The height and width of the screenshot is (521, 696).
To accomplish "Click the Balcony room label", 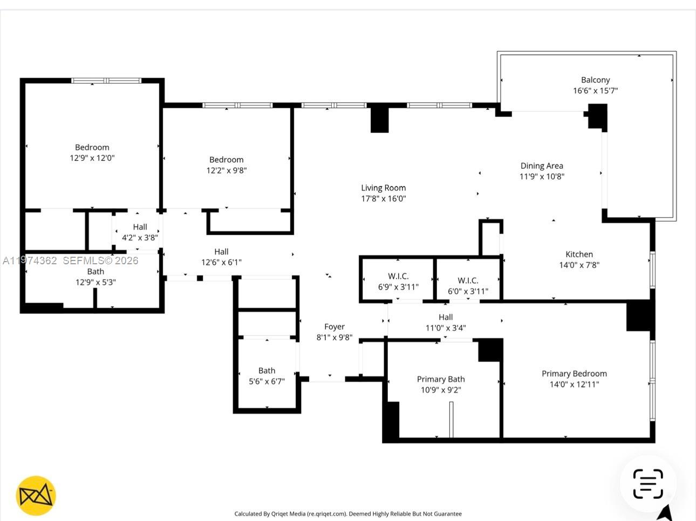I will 595,80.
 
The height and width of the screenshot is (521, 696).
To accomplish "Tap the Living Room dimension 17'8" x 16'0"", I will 383,198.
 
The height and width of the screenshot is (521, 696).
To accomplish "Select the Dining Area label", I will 542,166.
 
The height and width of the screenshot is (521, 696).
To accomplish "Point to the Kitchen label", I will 579,254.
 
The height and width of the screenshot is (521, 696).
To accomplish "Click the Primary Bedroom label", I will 574,373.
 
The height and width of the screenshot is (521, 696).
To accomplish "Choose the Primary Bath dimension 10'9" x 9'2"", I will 441,390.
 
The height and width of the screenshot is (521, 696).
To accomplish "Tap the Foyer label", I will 334,326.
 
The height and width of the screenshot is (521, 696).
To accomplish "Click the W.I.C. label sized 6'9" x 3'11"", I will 398,276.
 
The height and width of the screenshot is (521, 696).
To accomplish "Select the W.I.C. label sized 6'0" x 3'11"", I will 468,280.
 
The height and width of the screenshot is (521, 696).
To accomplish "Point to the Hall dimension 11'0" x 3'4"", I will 446,328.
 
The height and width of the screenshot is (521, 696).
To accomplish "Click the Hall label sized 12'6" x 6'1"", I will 221,251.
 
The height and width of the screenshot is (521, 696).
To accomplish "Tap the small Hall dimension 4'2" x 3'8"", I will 140,237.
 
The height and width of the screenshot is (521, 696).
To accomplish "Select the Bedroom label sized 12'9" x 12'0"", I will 92,147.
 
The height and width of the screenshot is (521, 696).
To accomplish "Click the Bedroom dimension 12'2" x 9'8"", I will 227,170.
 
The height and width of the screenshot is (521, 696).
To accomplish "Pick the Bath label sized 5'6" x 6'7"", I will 267,371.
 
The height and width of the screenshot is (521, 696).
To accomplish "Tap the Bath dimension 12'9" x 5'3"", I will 95,282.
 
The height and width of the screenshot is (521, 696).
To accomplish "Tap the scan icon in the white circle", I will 648,484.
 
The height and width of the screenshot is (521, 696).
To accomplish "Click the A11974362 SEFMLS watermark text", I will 70,260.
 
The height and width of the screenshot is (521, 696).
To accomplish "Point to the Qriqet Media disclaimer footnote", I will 348,513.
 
